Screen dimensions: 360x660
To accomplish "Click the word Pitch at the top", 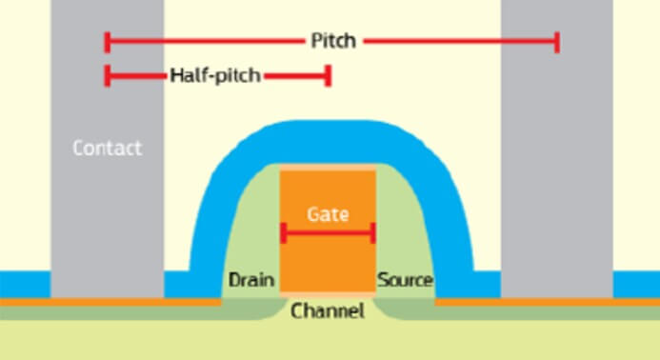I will point(332,41).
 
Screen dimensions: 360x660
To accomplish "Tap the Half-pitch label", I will point(214,75).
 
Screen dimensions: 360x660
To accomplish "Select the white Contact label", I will point(107,148).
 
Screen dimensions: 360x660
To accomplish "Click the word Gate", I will point(328,214).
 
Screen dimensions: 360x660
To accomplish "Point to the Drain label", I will point(251,281).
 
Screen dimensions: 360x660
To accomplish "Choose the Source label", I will point(405,281).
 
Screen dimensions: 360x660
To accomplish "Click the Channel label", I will point(328,310).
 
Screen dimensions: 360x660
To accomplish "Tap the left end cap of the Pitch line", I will point(108,41).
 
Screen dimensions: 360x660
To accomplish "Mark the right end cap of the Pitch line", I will point(557,41).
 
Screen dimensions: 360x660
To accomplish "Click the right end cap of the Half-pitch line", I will point(328,75).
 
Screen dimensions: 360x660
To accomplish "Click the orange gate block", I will point(328,262).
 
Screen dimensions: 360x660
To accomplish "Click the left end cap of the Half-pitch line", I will point(108,75).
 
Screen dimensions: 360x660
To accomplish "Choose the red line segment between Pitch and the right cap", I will point(457,41).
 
